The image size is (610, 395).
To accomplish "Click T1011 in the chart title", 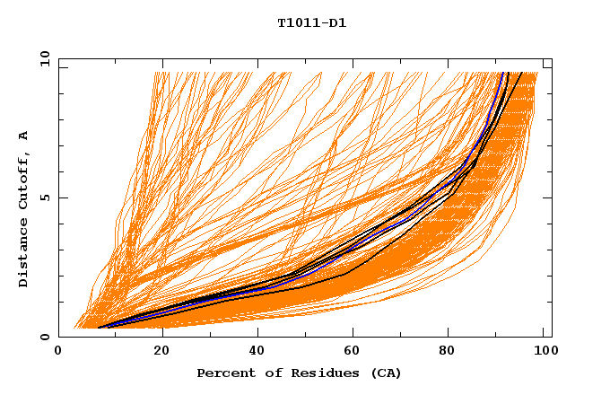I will tap(297, 23).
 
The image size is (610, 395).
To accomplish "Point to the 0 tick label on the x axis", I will tap(59, 351).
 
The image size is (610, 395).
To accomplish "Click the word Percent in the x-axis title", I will tap(222, 373).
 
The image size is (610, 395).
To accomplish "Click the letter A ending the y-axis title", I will tap(24, 135).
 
